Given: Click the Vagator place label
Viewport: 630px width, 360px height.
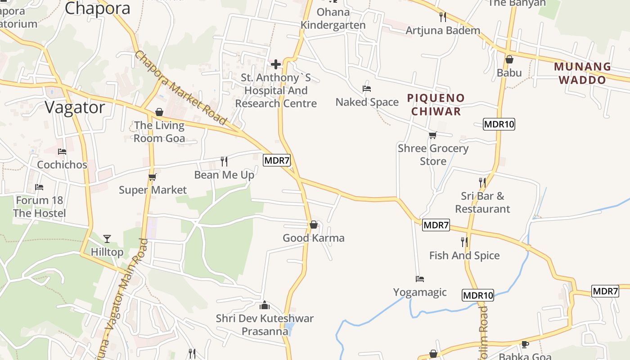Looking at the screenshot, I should coord(75,108).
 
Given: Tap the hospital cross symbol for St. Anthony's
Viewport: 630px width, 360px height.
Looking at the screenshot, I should coord(276,65).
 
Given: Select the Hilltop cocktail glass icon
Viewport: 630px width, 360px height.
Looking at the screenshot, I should coord(107,238).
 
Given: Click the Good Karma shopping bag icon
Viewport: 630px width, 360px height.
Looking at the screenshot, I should coord(314,224).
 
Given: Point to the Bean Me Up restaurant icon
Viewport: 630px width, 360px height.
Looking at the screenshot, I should coord(224,161).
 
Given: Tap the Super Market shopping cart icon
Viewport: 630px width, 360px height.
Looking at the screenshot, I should coord(152,177).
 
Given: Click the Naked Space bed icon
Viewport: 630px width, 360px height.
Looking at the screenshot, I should coord(367,89).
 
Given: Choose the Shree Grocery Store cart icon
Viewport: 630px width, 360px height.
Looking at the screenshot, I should coord(433,135).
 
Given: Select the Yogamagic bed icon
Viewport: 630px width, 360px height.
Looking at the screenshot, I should coord(420,279).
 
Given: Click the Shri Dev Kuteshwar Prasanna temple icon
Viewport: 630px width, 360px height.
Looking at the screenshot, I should coord(265,305).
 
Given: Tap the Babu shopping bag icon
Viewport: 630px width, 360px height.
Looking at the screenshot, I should coord(509,59).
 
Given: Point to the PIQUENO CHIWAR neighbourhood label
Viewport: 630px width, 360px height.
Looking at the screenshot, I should coord(436,104).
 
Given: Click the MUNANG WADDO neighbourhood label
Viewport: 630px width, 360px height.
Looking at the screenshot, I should coord(582,73).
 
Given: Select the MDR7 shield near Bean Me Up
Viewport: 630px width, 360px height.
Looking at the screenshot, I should coord(276,160).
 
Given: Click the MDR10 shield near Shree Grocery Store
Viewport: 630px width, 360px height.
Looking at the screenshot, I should coord(499,124).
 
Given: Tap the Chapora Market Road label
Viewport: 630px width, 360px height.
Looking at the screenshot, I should coord(180,88).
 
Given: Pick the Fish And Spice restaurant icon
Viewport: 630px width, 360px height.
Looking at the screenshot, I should coord(464,242).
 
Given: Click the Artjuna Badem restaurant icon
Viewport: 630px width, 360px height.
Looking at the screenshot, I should coord(443,17).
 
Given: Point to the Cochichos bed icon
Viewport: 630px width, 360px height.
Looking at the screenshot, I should coord(62,152).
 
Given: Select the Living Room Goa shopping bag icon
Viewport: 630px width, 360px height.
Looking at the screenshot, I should coord(159,112).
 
